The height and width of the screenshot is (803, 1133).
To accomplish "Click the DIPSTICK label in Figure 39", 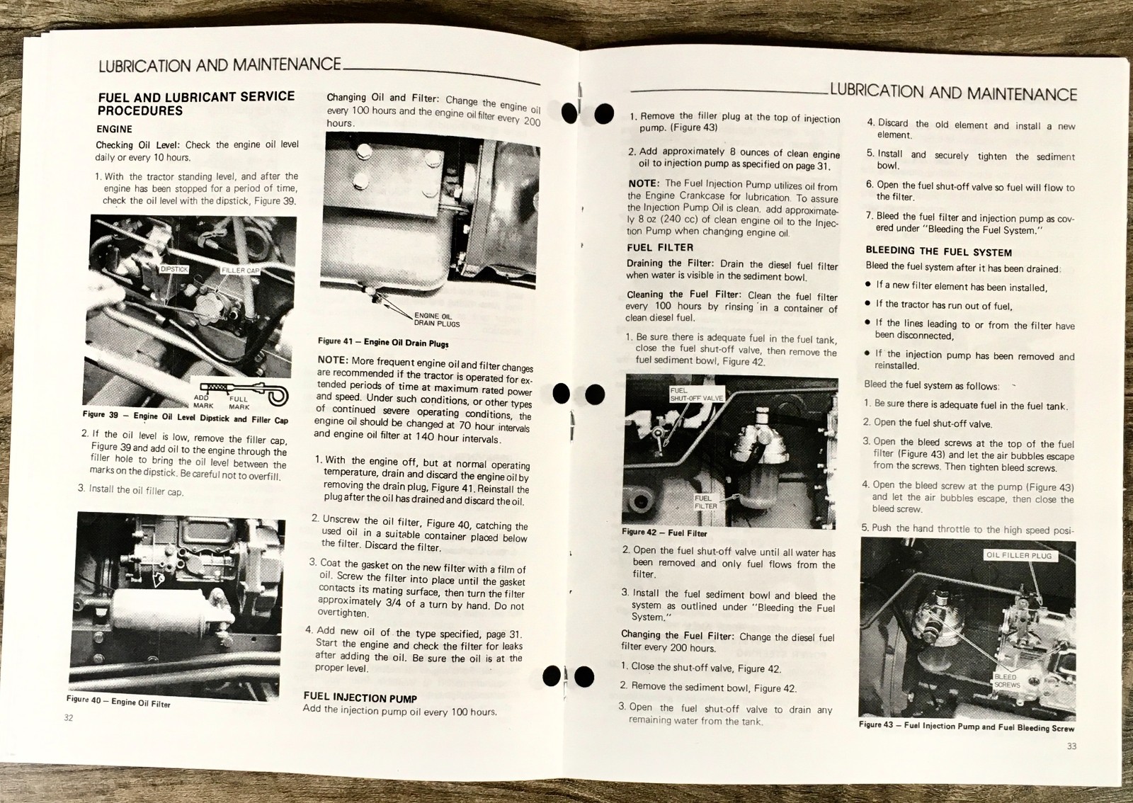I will [x=174, y=270].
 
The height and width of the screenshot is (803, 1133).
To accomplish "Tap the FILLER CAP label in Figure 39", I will [x=241, y=271].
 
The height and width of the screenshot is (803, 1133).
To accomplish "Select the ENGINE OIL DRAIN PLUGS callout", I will [x=436, y=320].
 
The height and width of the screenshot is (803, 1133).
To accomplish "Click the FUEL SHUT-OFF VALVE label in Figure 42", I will [x=696, y=394].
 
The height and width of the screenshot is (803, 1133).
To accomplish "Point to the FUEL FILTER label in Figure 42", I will [x=705, y=502].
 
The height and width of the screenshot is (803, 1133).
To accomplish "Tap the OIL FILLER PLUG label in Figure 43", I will [x=1019, y=555].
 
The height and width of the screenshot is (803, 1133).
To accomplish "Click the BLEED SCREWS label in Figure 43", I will [x=1006, y=681].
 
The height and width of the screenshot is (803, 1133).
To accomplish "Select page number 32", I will [x=69, y=717].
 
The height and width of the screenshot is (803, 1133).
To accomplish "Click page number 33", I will [x=1071, y=746].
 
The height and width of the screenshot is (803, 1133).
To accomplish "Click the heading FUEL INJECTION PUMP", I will [x=360, y=697].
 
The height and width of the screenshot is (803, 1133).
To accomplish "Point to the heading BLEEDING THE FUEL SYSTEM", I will [x=938, y=251].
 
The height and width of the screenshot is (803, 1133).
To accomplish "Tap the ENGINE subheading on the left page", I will [x=115, y=129].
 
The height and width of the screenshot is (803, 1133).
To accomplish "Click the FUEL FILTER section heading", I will [x=659, y=247].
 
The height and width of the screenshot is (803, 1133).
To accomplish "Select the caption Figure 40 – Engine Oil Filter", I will [x=118, y=702].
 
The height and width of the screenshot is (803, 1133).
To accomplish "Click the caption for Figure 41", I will [x=382, y=342].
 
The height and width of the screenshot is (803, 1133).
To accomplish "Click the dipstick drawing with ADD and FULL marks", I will [x=244, y=390].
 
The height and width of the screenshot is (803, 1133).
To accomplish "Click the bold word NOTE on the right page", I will [x=643, y=183].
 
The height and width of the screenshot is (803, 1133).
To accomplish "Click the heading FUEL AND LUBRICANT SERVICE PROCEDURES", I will [x=195, y=103].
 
